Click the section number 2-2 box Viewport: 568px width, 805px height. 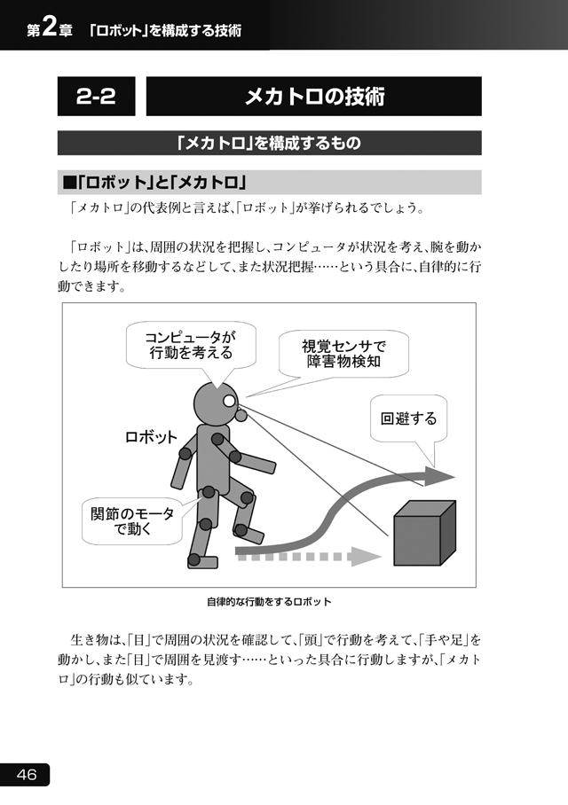pos(96,96)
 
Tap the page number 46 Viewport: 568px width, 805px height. pos(25,774)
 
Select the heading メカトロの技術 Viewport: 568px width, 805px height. pos(314,96)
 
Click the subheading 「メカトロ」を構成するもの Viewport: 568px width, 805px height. pos(269,143)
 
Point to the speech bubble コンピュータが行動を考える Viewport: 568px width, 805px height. pos(191,346)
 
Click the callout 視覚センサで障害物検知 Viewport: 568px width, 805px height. pos(343,354)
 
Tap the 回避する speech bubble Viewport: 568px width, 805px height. pos(408,418)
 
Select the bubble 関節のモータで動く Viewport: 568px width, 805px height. pos(132,521)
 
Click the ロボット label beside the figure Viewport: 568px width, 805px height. pos(151,437)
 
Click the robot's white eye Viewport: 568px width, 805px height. pos(229,400)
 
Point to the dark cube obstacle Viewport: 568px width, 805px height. pos(424,533)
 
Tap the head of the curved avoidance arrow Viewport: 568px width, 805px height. pos(438,476)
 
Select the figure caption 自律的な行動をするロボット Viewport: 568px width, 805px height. pos(269,602)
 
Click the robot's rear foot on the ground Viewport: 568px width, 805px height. pos(202,561)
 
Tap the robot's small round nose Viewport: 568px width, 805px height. pos(241,414)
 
